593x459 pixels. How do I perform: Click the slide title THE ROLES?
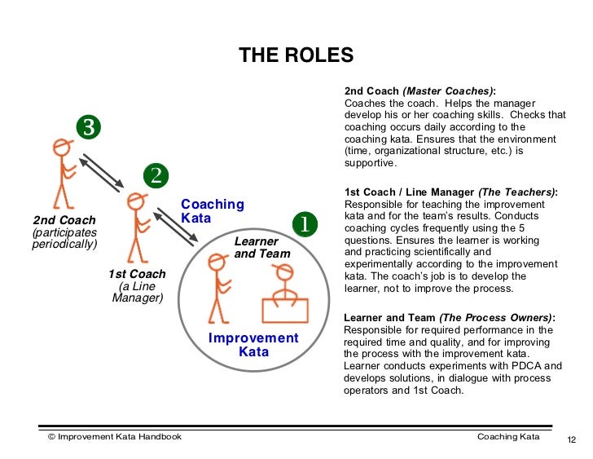(296, 55)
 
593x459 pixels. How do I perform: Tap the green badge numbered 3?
(89, 127)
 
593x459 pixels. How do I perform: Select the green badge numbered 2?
(156, 174)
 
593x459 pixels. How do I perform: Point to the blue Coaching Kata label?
(213, 211)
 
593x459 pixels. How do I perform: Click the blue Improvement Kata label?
(253, 345)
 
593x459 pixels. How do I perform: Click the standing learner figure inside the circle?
(218, 285)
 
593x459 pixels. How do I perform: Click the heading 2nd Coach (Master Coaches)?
(419, 91)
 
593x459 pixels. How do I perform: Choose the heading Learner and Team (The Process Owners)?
(450, 318)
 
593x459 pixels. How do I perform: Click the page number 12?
(570, 441)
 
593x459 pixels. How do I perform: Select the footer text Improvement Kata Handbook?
(115, 437)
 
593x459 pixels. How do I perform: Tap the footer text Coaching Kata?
(507, 437)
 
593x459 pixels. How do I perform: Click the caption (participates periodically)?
(64, 239)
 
